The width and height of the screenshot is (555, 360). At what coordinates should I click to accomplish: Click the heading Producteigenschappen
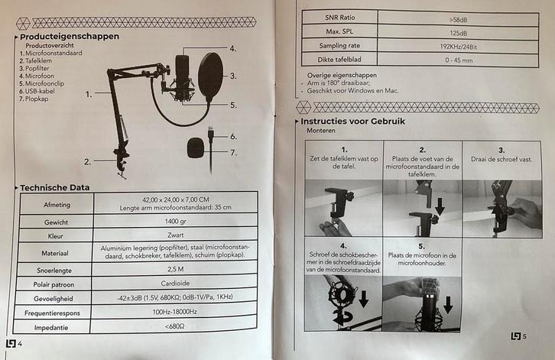(x=70, y=37)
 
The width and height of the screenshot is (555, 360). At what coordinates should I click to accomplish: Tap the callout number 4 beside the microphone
(x=232, y=48)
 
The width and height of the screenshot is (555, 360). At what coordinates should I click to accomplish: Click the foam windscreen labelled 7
(x=196, y=148)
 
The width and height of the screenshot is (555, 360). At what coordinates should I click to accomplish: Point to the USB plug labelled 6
(x=211, y=134)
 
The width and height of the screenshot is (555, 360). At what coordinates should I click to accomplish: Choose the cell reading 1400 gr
(x=175, y=221)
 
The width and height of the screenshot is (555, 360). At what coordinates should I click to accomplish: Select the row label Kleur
(x=55, y=236)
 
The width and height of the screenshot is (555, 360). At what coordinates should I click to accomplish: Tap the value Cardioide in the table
(x=175, y=284)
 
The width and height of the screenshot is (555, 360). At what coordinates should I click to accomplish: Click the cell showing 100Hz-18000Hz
(x=174, y=312)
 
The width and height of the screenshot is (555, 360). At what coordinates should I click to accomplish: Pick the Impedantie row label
(x=51, y=328)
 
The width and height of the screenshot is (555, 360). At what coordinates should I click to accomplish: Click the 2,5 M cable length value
(x=176, y=269)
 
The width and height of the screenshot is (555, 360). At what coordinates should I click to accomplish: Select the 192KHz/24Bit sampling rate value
(x=459, y=47)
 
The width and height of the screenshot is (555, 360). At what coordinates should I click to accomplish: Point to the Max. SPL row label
(x=339, y=31)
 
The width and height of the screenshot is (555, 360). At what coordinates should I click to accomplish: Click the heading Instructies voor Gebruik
(x=352, y=121)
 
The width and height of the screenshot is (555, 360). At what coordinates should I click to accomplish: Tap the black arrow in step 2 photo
(x=440, y=206)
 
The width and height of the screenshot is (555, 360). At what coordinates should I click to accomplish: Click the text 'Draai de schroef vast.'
(x=501, y=159)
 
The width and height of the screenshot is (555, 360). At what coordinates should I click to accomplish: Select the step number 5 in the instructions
(x=421, y=246)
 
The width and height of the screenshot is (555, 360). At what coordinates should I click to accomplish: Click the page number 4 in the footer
(x=20, y=344)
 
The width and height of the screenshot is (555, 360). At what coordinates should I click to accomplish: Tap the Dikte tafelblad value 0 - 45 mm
(x=459, y=60)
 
